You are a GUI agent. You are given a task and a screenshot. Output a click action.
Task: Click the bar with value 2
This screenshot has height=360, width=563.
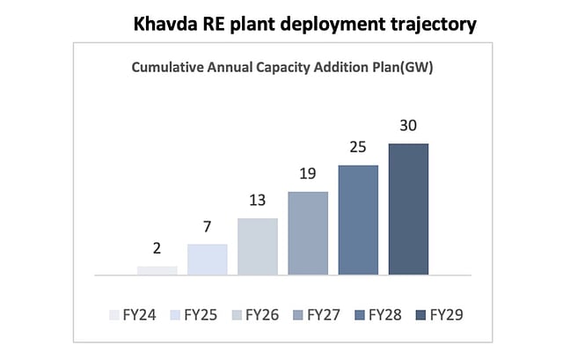[157, 270]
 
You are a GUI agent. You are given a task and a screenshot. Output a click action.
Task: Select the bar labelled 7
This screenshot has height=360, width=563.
[208, 260]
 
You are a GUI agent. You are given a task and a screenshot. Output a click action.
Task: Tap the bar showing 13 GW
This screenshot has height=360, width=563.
[258, 246]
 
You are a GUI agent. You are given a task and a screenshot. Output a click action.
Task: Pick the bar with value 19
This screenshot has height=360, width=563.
[308, 233]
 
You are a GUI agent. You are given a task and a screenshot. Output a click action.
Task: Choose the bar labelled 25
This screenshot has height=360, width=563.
[358, 220]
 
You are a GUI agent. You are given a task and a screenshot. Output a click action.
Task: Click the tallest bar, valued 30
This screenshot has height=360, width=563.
[408, 209]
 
